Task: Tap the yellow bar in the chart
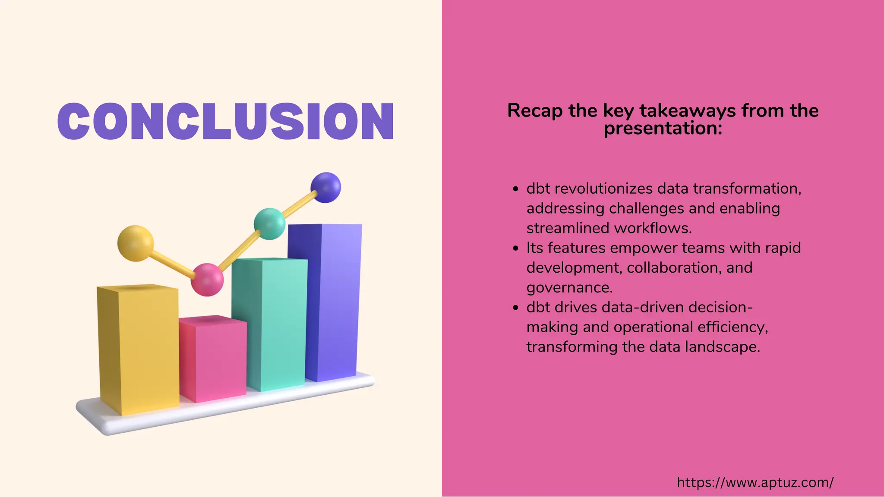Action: click(138, 349)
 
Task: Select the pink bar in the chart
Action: click(212, 360)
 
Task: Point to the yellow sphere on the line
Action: click(136, 243)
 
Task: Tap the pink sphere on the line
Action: click(207, 280)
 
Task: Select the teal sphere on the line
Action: click(269, 223)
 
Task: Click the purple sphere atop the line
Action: click(325, 187)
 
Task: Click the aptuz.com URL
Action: click(755, 482)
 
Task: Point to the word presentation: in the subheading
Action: click(663, 128)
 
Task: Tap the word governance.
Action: click(569, 287)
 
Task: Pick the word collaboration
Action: click(674, 267)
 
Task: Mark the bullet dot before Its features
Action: click(515, 248)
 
